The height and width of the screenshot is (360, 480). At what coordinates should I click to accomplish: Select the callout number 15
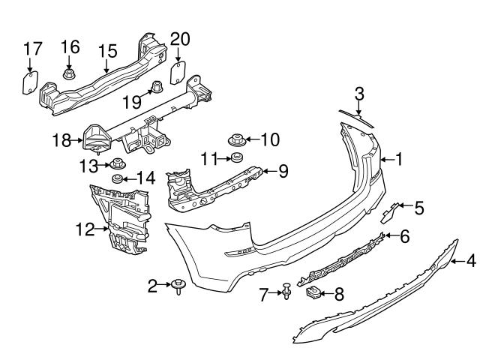(x=107, y=51)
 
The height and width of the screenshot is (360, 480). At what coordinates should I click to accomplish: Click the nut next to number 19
(x=157, y=87)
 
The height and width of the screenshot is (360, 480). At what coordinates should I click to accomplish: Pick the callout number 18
(x=61, y=139)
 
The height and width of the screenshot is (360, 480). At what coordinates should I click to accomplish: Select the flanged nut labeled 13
(x=118, y=165)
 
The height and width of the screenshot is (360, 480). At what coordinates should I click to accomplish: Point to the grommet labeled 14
(x=117, y=178)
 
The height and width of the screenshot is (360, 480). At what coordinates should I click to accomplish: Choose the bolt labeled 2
(x=178, y=286)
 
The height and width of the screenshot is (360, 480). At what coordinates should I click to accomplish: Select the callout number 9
(x=283, y=171)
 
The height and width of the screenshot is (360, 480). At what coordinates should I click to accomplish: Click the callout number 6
(x=405, y=237)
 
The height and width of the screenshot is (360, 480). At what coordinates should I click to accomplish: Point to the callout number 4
(x=471, y=261)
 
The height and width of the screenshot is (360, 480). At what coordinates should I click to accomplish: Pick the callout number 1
(x=400, y=159)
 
